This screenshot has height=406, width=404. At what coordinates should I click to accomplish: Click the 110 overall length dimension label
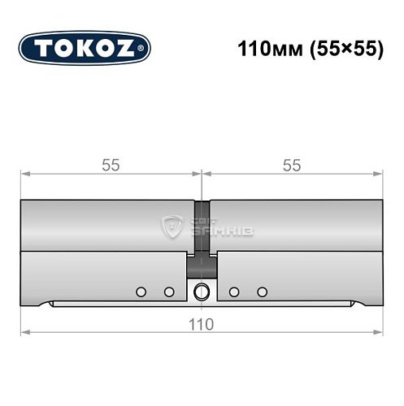tap(201, 324)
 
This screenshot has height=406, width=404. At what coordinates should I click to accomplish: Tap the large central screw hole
tap(201, 292)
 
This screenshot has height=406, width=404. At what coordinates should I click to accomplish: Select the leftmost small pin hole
tap(141, 292)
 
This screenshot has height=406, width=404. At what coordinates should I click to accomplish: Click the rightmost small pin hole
tap(262, 292)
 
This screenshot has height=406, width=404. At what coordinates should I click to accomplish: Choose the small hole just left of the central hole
tap(169, 292)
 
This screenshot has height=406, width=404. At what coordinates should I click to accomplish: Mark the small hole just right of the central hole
tap(233, 292)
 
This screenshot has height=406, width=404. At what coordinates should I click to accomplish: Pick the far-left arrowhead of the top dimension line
tap(24, 173)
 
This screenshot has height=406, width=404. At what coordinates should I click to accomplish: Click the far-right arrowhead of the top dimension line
tap(378, 173)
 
